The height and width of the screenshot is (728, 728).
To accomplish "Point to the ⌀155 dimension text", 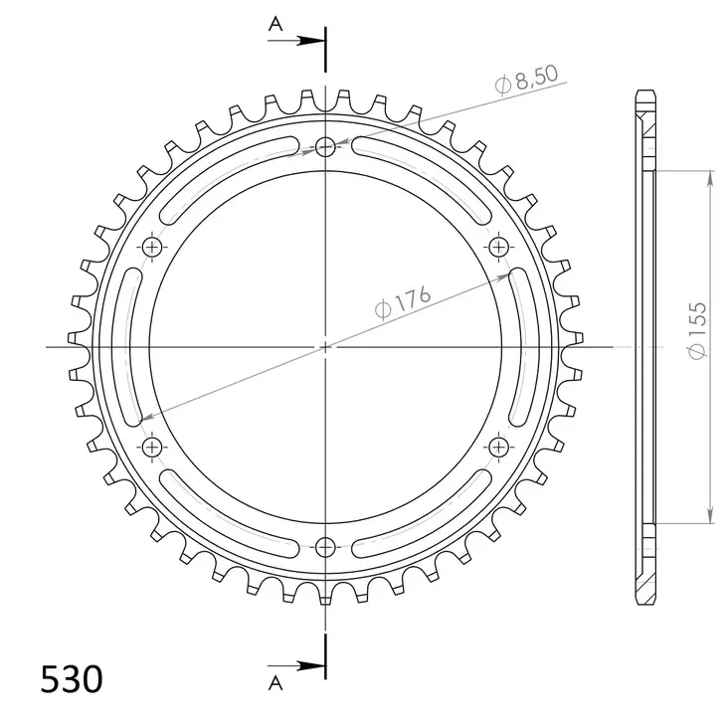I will (x=697, y=329).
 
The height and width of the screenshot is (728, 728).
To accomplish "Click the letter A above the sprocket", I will (x=274, y=25).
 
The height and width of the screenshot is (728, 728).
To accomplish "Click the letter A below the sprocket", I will (x=274, y=680).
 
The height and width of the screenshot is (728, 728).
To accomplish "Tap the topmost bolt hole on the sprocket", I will (x=325, y=148).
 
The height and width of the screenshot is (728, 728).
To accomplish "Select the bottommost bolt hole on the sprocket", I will (x=325, y=545).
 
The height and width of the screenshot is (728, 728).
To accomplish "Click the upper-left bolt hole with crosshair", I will (x=153, y=247).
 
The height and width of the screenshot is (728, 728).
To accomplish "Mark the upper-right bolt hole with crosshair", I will (x=496, y=247).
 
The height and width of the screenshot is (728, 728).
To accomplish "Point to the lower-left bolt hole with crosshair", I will (x=153, y=446).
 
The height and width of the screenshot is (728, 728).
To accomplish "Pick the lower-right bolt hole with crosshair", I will (x=496, y=446).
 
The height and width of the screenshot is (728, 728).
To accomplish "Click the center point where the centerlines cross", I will (x=325, y=346).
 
